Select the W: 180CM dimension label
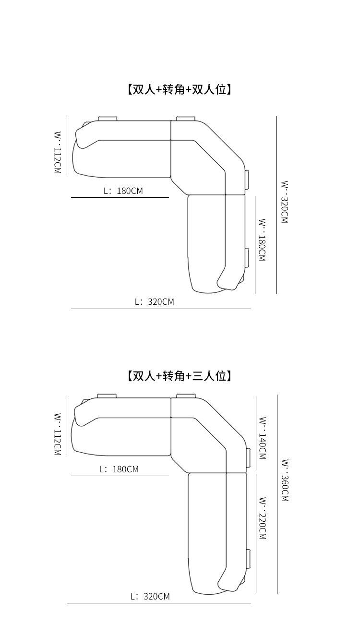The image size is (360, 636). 262,240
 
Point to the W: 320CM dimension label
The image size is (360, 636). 285,202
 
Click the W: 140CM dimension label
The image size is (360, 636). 263,438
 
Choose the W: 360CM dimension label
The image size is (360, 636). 285,480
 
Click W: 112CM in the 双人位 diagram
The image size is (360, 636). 57,153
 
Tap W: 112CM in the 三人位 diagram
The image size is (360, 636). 57,434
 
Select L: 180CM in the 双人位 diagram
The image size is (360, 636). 123,191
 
